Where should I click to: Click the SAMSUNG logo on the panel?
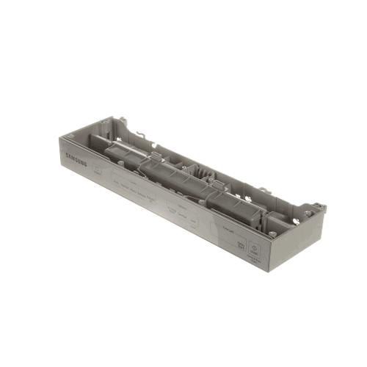81,159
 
